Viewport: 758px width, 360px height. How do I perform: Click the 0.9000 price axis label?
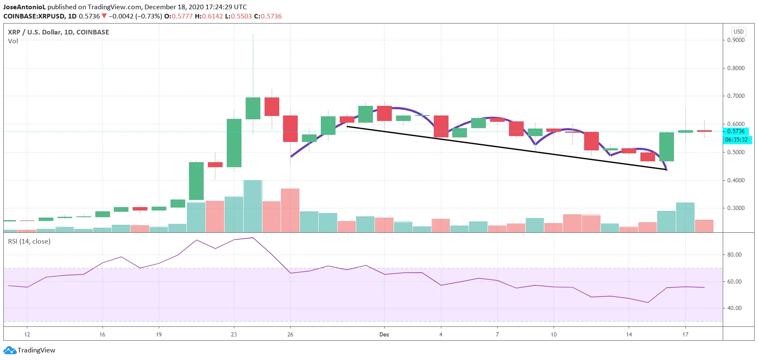click(736, 40)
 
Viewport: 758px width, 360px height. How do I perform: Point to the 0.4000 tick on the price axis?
click(736, 180)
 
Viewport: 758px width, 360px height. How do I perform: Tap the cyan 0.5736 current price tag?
click(736, 131)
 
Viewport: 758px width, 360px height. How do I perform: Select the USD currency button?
click(738, 32)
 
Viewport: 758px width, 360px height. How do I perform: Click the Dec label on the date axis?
click(384, 335)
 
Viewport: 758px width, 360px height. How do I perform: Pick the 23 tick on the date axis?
click(234, 335)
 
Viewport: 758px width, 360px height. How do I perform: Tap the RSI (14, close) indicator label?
click(29, 242)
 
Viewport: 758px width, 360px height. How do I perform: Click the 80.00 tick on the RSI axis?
click(734, 255)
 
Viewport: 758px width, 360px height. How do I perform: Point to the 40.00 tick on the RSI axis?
click(734, 308)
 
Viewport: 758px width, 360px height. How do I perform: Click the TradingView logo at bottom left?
click(29, 350)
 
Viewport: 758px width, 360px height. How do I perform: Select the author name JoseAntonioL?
click(24, 7)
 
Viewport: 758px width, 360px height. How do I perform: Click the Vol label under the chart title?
click(13, 41)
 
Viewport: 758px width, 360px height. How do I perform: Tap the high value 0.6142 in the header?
click(212, 16)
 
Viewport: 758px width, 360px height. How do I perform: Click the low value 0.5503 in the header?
click(241, 16)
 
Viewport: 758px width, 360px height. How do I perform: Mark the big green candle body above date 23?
click(234, 143)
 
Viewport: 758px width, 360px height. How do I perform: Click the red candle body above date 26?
click(290, 129)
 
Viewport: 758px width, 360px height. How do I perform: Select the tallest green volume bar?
click(253, 206)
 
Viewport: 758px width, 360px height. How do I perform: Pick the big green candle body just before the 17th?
click(666, 147)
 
